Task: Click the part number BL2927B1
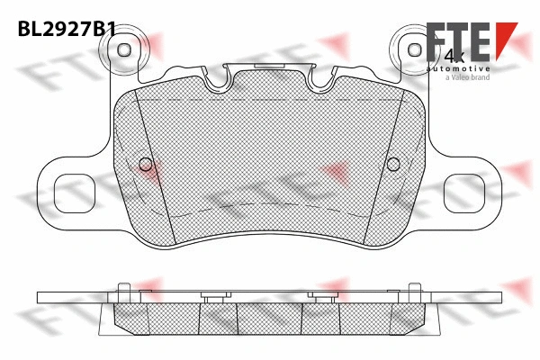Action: click(x=67, y=29)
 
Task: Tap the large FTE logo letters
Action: click(x=454, y=45)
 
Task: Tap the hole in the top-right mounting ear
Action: click(x=414, y=49)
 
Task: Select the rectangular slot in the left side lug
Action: click(x=71, y=189)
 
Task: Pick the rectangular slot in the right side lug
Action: click(x=469, y=189)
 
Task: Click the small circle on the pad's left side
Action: click(x=148, y=164)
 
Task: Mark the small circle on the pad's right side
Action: click(x=392, y=164)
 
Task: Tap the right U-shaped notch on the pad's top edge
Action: click(x=322, y=82)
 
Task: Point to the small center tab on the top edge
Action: click(x=269, y=66)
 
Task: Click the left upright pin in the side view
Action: click(x=125, y=290)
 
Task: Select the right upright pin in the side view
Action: click(x=414, y=290)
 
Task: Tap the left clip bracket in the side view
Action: click(x=215, y=297)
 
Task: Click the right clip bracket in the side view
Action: click(x=321, y=297)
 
